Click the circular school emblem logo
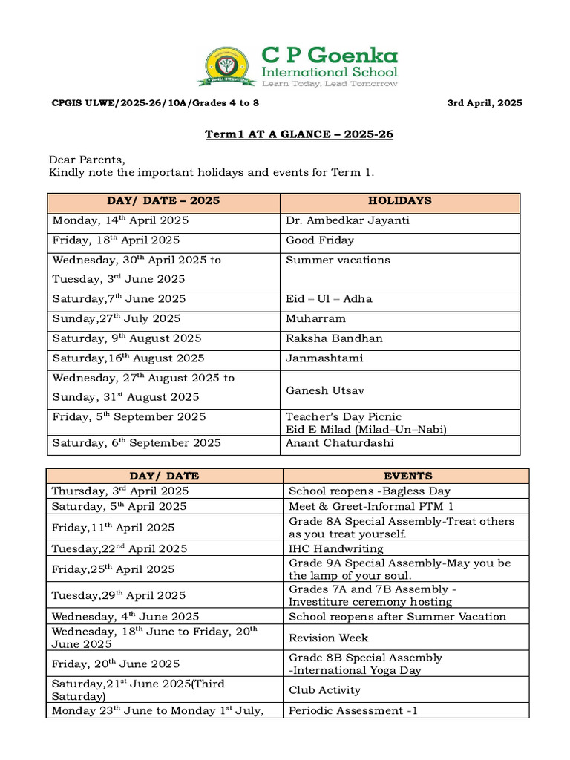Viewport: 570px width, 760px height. (x=228, y=67)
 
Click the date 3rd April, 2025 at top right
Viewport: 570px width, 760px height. (x=484, y=103)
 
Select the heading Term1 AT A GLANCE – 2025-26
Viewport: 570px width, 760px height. (x=299, y=134)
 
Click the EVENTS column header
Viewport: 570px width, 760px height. (x=407, y=476)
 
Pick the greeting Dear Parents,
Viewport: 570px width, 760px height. (x=88, y=160)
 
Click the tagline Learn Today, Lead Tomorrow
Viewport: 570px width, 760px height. (x=330, y=84)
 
